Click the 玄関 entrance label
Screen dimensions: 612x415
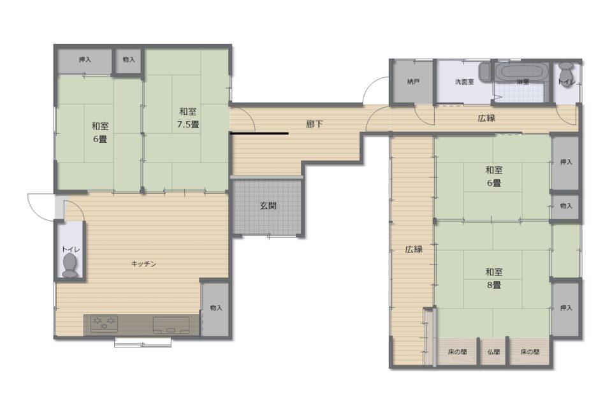[x=268, y=205]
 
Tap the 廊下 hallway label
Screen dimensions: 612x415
[x=314, y=124]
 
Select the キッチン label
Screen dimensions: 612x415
[x=143, y=264]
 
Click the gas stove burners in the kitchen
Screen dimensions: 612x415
[x=104, y=324]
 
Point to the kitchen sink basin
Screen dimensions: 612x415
[x=171, y=325]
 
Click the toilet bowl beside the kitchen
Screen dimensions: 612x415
[x=70, y=265]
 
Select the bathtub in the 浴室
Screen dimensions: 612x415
[x=522, y=72]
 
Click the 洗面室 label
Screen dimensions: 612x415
[x=464, y=82]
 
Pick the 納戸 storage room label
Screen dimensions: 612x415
[x=413, y=82]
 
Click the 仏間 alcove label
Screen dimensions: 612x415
[x=493, y=352]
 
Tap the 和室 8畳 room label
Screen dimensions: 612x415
[x=493, y=279]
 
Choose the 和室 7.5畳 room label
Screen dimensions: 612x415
[x=187, y=118]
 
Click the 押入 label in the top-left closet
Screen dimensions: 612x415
[x=85, y=60]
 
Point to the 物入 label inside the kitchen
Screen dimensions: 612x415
[x=216, y=308]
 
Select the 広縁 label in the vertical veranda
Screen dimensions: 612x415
[x=413, y=249]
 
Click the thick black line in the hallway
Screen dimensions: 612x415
[x=259, y=133]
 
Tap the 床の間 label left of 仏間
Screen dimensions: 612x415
[x=457, y=352]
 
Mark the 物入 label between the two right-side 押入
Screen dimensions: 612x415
[x=565, y=206]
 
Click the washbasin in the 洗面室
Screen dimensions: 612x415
[x=484, y=71]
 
